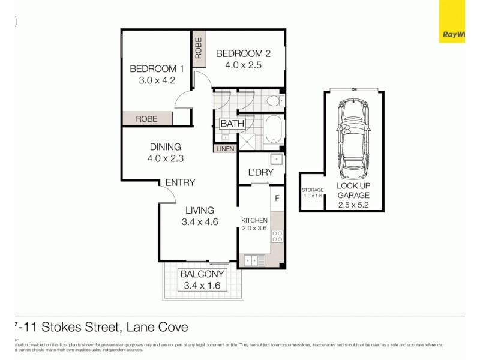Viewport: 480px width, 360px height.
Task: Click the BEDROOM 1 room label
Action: [152, 68]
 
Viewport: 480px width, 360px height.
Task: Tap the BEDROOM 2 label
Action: [239, 52]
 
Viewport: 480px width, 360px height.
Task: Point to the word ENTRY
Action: [180, 182]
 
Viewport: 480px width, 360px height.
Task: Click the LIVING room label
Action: [199, 210]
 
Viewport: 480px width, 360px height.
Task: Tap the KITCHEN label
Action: [254, 220]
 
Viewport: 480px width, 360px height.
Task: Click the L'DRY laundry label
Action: [260, 173]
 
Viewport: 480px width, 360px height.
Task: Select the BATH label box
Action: [232, 124]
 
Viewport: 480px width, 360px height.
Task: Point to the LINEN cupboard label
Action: [224, 148]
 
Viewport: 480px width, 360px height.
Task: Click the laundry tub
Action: [276, 160]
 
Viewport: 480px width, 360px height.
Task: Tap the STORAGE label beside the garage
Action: [313, 190]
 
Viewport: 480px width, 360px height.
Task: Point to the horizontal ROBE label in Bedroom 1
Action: [146, 119]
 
